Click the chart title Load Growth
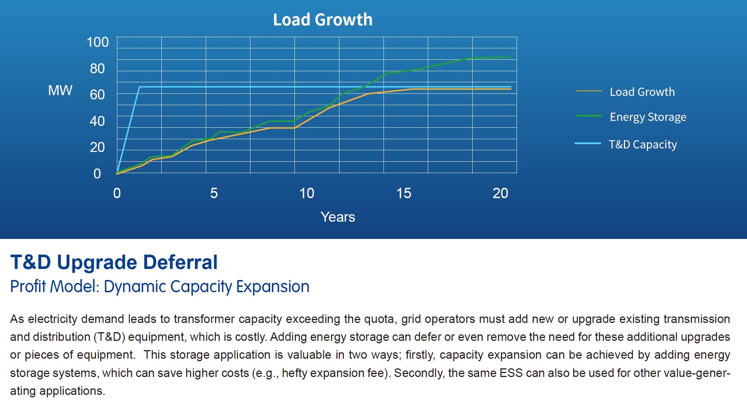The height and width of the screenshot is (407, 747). pos(322,20)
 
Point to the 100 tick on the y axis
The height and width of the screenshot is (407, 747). pos(98,42)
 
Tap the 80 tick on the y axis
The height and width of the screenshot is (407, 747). pos(97,69)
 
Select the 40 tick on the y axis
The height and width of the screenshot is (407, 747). pos(97,121)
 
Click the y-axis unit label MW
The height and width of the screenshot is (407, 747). pos(60,91)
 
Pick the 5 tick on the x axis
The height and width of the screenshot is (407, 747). pos(214,193)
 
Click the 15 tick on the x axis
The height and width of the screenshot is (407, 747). pos(403,193)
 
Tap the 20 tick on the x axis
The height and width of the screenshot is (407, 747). pos(500,193)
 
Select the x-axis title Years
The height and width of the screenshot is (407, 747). pos(338,217)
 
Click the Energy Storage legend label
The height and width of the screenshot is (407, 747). pos(648,117)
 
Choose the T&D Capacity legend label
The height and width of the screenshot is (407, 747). pos(643,145)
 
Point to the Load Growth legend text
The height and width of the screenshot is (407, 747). pos(642,92)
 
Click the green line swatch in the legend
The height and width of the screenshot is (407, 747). pos(588,116)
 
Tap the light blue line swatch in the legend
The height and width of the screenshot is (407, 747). pos(588,143)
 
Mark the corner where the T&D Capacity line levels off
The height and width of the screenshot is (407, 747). pos(139,87)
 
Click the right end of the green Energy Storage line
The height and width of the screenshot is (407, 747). pos(509,57)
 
